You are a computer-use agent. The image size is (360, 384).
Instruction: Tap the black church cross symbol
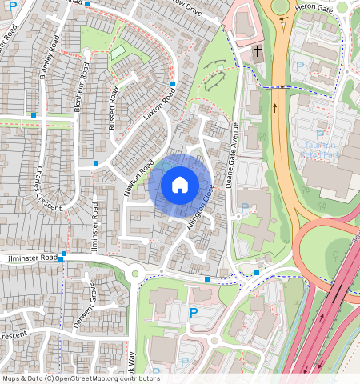pyautogui.click(x=257, y=53)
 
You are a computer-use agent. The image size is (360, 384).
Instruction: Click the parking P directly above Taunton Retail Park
pyautogui.click(x=320, y=135)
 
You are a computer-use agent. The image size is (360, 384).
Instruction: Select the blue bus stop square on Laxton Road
pyautogui.click(x=173, y=83)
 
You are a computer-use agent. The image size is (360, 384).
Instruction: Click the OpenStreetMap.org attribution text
pyautogui.click(x=114, y=378)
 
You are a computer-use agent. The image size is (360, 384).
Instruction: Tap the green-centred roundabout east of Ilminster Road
pyautogui.click(x=134, y=274)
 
